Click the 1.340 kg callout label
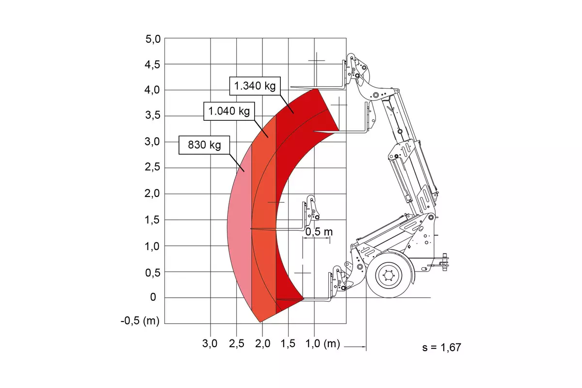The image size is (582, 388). (x=255, y=86)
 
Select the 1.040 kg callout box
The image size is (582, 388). (x=229, y=111)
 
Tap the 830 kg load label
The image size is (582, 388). (x=204, y=145)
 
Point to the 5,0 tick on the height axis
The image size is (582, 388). (x=153, y=39)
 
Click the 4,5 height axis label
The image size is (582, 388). (x=153, y=65)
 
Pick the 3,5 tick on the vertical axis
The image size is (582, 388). (x=153, y=115)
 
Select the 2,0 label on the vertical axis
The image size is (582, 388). (x=152, y=194)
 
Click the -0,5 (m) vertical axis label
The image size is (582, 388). (x=140, y=321)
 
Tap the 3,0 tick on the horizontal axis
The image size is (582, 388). (x=210, y=343)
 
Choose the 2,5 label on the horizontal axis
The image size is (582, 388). (x=237, y=343)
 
